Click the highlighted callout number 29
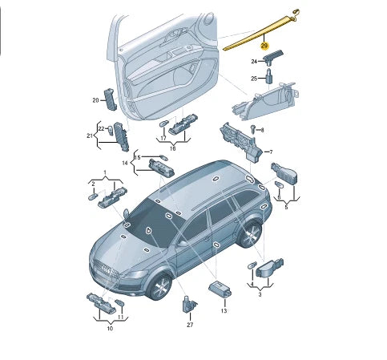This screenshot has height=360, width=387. (264, 46)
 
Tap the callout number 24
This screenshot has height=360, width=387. (254, 62)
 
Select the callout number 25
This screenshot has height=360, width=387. (254, 79)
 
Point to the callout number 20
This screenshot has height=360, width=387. (95, 100)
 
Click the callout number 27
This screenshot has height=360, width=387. (190, 325)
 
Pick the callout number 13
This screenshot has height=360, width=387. (224, 311)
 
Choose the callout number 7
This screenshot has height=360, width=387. (271, 152)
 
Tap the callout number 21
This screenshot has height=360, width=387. (90, 136)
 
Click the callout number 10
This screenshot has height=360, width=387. (110, 329)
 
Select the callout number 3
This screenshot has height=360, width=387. (260, 294)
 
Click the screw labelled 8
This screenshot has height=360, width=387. (253, 129)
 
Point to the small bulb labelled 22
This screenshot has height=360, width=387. (111, 130)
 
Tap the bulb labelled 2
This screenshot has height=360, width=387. (93, 197)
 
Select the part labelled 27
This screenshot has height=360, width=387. (189, 305)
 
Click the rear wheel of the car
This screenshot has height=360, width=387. (250, 234)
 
